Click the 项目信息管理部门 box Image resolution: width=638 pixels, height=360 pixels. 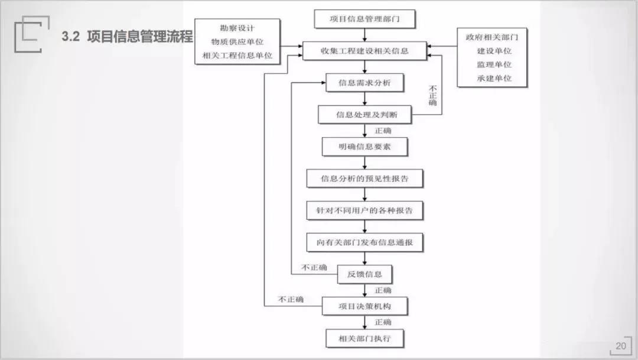point(364,19)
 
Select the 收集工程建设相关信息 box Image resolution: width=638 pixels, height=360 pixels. point(364,51)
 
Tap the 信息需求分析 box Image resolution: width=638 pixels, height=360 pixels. point(364,83)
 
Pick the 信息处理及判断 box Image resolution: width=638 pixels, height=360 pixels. point(364,115)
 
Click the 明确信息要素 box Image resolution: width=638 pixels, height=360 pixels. point(364,147)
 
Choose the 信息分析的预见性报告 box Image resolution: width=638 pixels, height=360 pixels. point(364,178)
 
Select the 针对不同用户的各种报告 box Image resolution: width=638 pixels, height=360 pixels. point(364,210)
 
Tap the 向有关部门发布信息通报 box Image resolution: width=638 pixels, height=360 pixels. point(364,242)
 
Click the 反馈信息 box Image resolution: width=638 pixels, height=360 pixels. point(364,274)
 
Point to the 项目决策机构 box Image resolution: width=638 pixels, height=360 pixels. point(364,306)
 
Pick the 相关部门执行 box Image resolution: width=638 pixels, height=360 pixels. point(364,339)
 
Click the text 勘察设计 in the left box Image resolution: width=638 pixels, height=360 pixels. point(237,27)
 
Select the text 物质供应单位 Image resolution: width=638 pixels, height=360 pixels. point(237,41)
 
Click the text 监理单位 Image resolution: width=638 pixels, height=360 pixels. point(494,64)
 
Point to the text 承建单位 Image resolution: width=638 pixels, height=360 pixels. point(494,78)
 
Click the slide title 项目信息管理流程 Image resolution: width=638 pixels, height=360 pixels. point(140,37)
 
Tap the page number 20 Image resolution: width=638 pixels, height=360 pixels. point(620,346)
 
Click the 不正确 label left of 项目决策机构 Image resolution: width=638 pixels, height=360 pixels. point(291,300)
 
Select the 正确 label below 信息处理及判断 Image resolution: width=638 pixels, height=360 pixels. point(383,130)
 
